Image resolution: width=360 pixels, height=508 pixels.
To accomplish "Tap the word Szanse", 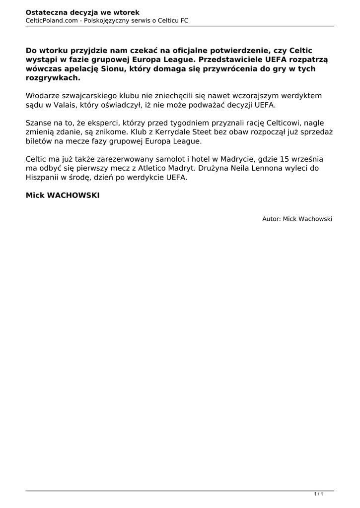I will click(x=39, y=123).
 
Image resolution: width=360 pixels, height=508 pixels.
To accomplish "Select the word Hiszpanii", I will click(x=43, y=178).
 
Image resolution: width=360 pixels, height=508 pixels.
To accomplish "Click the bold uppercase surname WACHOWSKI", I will click(x=73, y=196).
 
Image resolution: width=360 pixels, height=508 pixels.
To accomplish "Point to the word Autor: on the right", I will click(x=272, y=219).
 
